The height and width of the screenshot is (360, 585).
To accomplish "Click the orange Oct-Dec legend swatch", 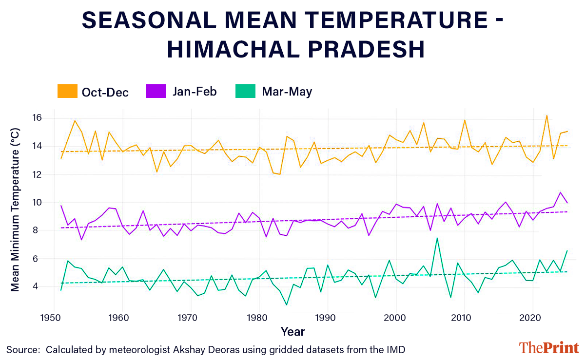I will point(67,91).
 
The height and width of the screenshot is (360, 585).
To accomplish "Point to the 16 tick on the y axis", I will point(37,118).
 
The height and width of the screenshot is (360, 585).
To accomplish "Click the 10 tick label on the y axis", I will point(37,203).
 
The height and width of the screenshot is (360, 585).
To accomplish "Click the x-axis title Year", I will point(292,332).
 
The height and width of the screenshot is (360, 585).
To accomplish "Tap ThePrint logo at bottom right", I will point(549,348).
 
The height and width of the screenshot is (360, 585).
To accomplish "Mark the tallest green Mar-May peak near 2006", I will point(437,238).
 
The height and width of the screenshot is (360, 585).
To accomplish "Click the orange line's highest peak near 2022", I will point(546,115).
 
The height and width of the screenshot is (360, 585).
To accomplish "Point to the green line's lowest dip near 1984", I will point(286,305).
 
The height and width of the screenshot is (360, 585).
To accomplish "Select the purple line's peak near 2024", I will point(561,192).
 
